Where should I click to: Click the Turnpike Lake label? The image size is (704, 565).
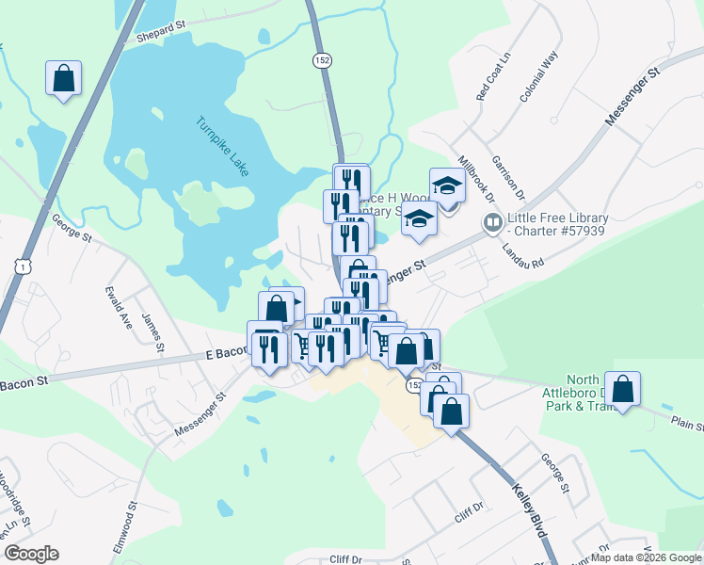(223, 146)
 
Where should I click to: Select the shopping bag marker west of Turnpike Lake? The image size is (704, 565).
(63, 79)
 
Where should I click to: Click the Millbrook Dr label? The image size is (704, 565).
(475, 177)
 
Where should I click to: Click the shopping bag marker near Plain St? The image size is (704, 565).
(622, 389)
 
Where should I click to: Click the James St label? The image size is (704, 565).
(152, 333)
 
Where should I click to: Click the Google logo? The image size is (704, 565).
(31, 554)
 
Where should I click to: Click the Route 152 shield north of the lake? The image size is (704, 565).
(322, 59)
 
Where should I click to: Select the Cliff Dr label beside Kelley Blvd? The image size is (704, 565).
(468, 516)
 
